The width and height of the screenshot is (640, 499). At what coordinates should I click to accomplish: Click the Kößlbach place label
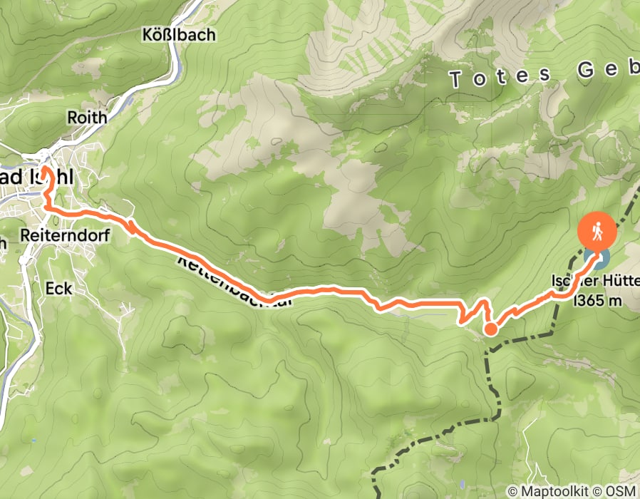pyautogui.click(x=179, y=34)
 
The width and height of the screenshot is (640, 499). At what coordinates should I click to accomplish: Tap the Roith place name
pyautogui.click(x=86, y=116)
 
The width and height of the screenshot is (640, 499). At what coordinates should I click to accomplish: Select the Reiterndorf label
pyautogui.click(x=58, y=235)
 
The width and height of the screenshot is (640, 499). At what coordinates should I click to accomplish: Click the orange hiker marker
pyautogui.click(x=597, y=230)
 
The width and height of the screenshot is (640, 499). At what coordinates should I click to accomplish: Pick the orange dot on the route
pyautogui.click(x=491, y=329)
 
